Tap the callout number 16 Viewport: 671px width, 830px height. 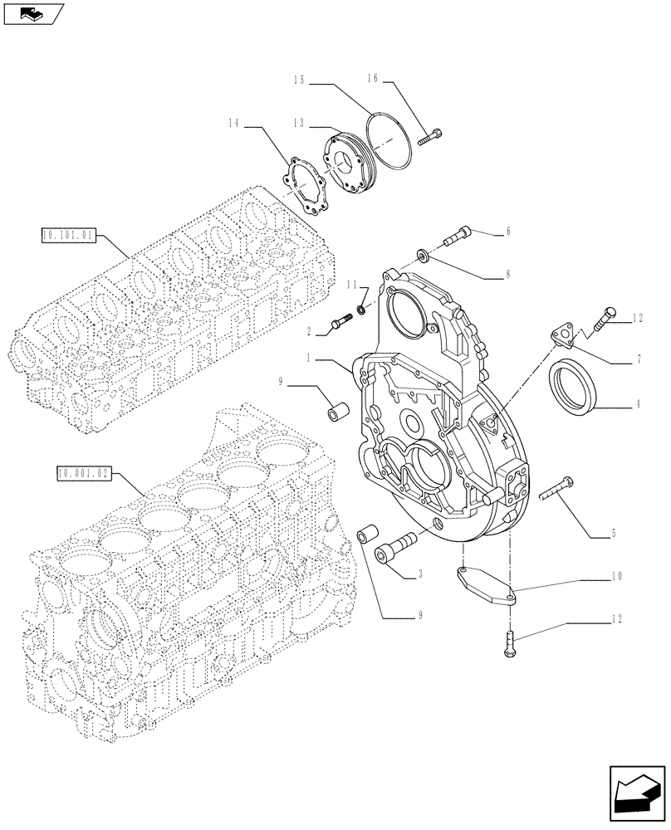373,78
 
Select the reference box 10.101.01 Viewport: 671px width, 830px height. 68,236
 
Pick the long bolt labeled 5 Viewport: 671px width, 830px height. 556,490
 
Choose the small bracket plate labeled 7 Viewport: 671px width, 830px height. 562,335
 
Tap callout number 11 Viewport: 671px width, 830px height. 353,285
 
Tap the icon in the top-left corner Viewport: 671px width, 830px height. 32,13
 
